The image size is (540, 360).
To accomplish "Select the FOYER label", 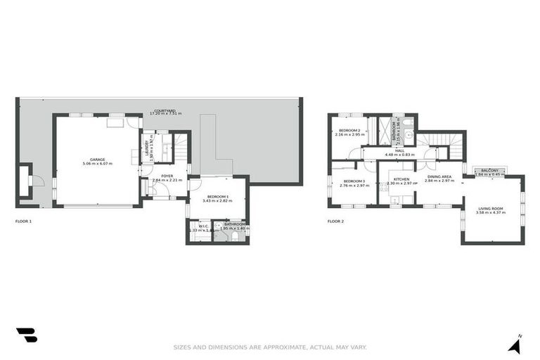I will click(167, 176).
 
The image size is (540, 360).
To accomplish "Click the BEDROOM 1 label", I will click(217, 196).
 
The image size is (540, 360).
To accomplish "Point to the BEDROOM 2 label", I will click(349, 131).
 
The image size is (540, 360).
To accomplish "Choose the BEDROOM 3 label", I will click(354, 181).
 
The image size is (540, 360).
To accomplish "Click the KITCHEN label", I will click(401, 180).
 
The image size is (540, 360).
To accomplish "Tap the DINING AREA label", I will click(439, 176).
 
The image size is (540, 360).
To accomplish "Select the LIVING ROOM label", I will click(491, 208).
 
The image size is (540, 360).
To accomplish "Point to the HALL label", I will click(399, 150).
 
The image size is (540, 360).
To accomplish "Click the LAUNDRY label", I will click(148, 147).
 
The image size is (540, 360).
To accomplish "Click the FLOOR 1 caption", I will click(23, 221).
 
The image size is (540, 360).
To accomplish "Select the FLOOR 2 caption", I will click(335, 221).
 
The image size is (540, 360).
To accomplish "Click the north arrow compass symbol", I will click(516, 345).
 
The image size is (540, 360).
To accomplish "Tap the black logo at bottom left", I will click(26, 335).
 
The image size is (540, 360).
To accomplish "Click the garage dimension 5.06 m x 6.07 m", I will click(97, 164).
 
